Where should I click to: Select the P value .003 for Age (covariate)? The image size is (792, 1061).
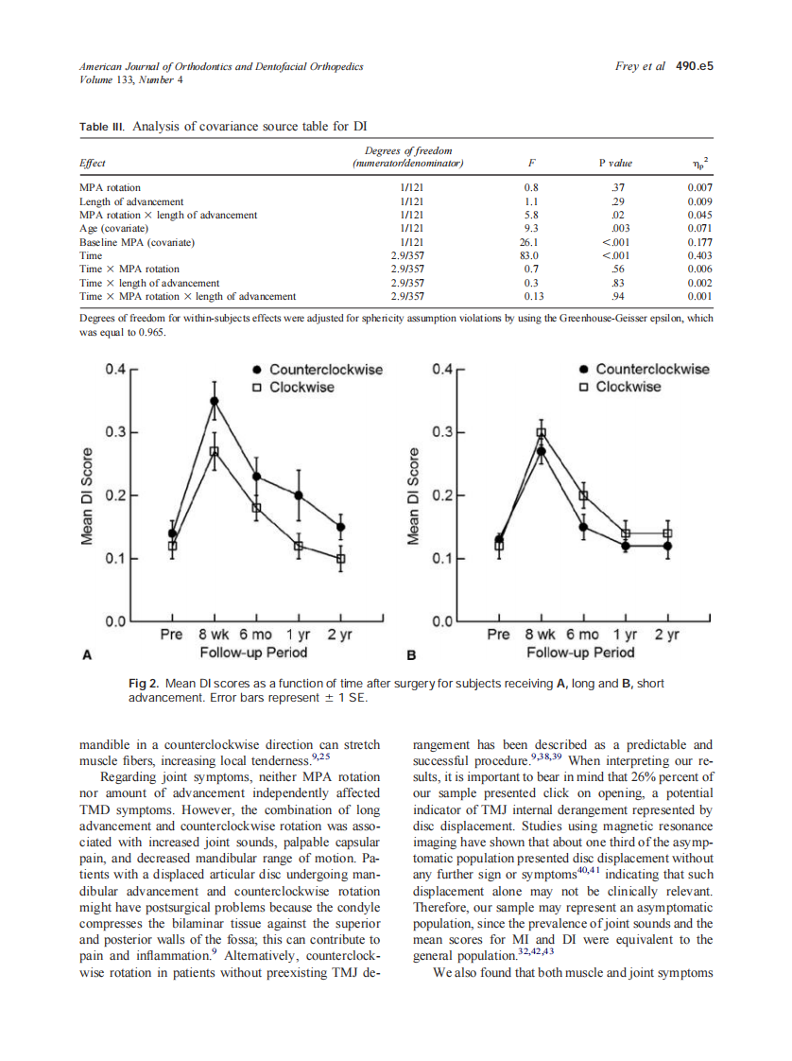point(620,228)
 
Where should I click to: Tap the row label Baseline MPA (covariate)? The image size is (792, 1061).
point(138,242)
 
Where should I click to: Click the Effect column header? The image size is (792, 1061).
point(93,164)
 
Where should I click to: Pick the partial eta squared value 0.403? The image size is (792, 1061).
point(700,255)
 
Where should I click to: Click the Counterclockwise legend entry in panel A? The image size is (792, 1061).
point(325,369)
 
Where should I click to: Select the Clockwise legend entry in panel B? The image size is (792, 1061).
point(628,387)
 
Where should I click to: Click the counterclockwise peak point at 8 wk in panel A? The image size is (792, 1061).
point(215,401)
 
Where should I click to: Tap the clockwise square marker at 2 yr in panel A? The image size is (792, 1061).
point(341,558)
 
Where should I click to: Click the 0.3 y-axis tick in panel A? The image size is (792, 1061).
point(115,432)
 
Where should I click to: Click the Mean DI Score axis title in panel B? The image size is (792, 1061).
point(413,495)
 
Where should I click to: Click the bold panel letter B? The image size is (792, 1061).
point(412,653)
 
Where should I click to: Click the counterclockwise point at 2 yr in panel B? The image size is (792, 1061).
point(667,546)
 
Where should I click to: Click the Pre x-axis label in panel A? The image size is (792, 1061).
point(171,635)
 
